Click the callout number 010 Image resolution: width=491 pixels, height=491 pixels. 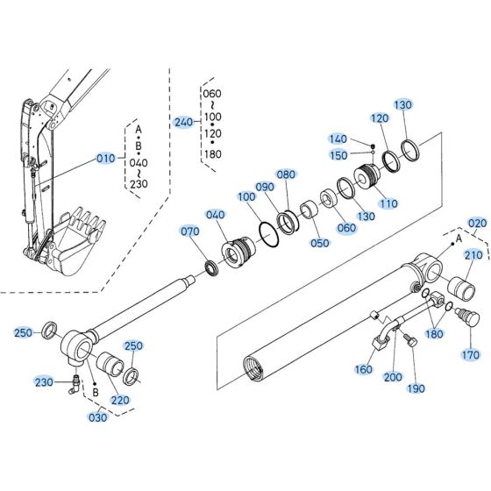point(105,159)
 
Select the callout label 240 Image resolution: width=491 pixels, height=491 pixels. point(183,122)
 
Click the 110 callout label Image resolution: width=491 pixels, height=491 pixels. point(387,203)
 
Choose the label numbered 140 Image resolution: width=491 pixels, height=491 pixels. point(337,139)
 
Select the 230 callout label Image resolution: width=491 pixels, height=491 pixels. point(44,381)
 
